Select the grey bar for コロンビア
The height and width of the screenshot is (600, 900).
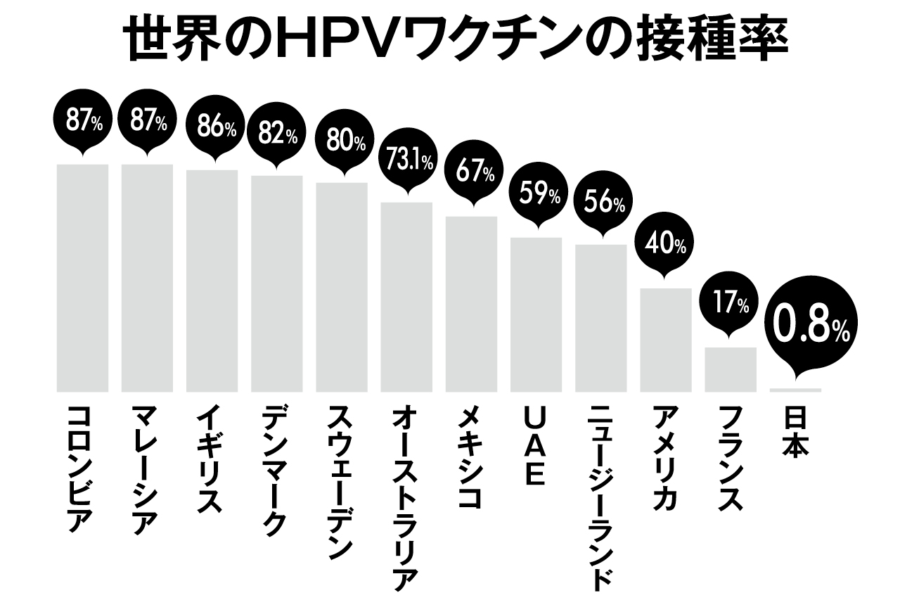82,278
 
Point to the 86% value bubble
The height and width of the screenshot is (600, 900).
212,128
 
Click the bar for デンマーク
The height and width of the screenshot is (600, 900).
277,283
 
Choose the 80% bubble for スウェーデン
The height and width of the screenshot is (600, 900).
342,141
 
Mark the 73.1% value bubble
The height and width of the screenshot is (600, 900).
406,162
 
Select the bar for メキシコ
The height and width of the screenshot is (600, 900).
471,304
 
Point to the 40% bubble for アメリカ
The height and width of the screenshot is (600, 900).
666,245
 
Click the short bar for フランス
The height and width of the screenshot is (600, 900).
731,369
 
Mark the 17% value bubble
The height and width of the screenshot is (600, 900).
731,305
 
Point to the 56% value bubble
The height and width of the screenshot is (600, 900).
601,203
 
